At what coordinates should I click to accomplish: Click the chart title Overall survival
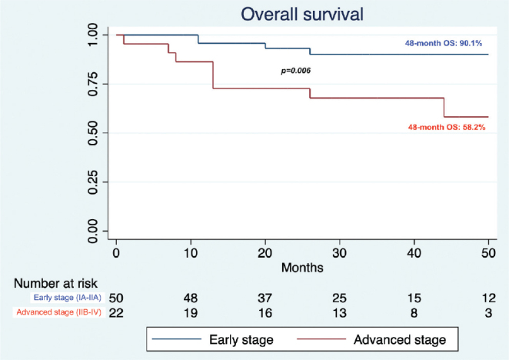pyautogui.click(x=302, y=15)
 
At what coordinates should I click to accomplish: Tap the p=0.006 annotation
pyautogui.click(x=296, y=71)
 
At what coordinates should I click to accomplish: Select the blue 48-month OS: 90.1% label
pyautogui.click(x=444, y=43)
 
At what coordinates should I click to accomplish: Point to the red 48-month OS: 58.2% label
pyautogui.click(x=447, y=127)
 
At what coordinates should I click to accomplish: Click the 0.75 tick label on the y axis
pyautogui.click(x=93, y=84)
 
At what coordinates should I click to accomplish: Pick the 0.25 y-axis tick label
pyautogui.click(x=93, y=182)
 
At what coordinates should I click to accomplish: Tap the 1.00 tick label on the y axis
pyautogui.click(x=93, y=35)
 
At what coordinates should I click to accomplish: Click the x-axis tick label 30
pyautogui.click(x=340, y=253)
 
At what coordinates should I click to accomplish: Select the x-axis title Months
pyautogui.click(x=302, y=268)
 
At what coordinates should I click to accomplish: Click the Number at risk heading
pyautogui.click(x=55, y=283)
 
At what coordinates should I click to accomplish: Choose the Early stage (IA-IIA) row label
pyautogui.click(x=68, y=297)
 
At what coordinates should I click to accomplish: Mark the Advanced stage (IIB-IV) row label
pyautogui.click(x=58, y=312)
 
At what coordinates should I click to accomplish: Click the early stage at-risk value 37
pyautogui.click(x=265, y=298)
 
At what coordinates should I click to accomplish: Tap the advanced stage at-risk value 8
pyautogui.click(x=414, y=313)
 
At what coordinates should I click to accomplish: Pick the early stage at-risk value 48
pyautogui.click(x=191, y=298)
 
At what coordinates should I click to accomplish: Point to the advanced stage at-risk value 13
pyautogui.click(x=340, y=313)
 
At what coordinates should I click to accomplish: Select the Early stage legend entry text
pyautogui.click(x=241, y=340)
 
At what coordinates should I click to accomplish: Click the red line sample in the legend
pyautogui.click(x=321, y=339)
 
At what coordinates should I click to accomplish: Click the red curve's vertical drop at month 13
pyautogui.click(x=213, y=75)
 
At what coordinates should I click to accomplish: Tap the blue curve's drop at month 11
pyautogui.click(x=198, y=39)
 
